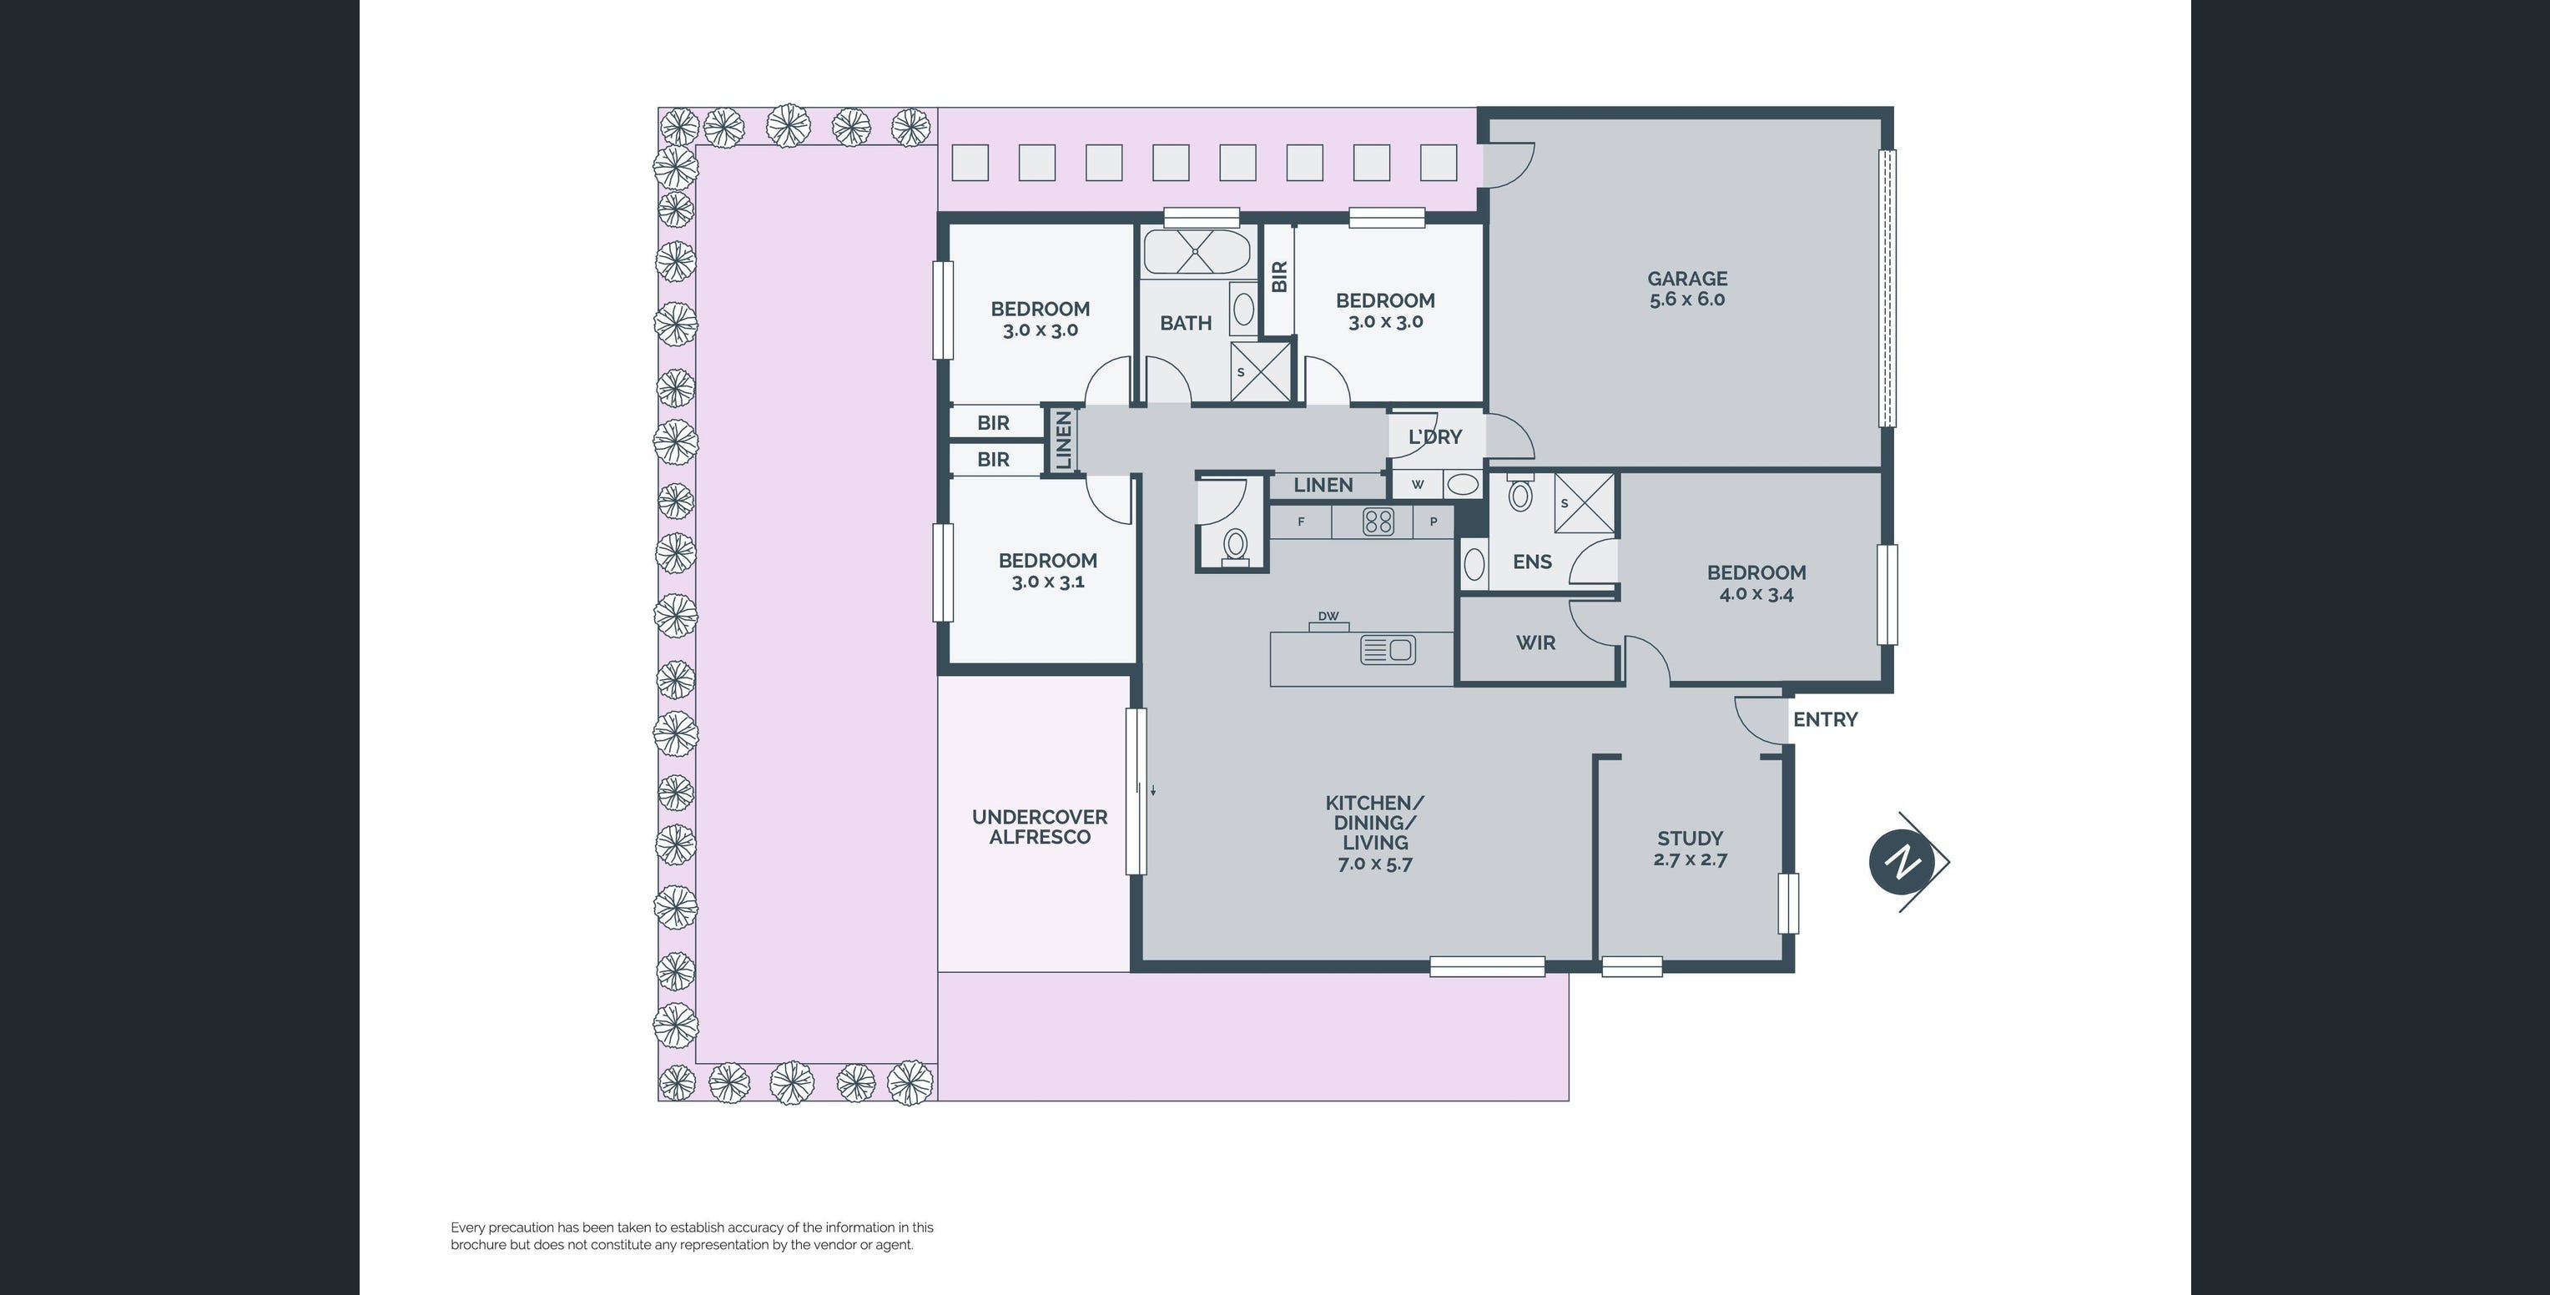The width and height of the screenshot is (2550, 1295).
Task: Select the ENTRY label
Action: click(1826, 720)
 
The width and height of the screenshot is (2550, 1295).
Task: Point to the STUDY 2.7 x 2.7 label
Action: click(1690, 849)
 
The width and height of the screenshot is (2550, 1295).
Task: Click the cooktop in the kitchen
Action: click(1378, 521)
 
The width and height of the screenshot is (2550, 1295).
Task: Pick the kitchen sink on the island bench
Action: click(1388, 649)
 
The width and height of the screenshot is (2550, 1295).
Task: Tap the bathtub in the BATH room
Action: click(1196, 251)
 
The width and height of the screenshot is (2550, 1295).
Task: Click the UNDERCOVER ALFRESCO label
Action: click(1040, 827)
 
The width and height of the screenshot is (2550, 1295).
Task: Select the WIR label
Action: click(1535, 642)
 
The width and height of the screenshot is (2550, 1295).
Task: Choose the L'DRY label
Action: click(1434, 436)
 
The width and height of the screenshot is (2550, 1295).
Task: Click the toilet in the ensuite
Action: click(1520, 492)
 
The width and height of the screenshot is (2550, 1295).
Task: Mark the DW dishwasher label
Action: click(1328, 616)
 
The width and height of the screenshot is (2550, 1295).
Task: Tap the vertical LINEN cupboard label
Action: click(1064, 441)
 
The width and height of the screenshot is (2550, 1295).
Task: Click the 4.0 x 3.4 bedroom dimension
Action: click(1756, 594)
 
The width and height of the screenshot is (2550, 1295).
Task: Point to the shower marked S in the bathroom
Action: click(1260, 371)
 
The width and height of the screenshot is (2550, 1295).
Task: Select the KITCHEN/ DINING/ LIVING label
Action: click(1375, 833)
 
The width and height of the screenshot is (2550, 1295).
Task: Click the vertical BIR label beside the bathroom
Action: click(1279, 276)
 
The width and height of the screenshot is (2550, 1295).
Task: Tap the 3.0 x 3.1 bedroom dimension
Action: click(1047, 582)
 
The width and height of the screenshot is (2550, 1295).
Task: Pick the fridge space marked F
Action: click(1301, 522)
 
